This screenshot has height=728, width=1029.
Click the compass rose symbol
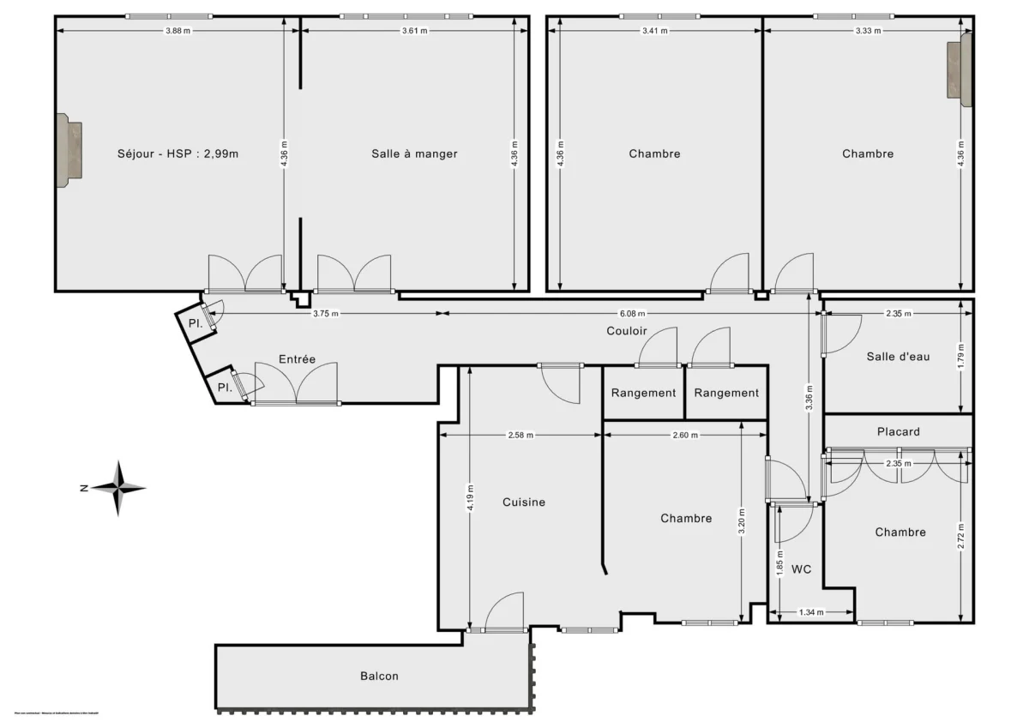click(x=118, y=489)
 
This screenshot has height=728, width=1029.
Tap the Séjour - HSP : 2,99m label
click(x=178, y=154)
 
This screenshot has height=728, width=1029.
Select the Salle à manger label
click(x=414, y=154)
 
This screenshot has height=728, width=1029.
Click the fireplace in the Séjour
click(x=69, y=150)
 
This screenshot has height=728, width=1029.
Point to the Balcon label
click(x=379, y=677)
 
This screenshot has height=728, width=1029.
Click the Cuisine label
click(x=524, y=502)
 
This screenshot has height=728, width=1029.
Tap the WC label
click(x=802, y=569)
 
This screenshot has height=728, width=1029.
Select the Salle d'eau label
click(x=898, y=357)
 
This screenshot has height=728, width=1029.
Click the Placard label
click(x=898, y=431)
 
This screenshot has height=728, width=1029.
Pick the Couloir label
click(x=626, y=331)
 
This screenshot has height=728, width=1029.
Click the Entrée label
click(x=297, y=359)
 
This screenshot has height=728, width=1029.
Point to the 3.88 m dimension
click(x=177, y=30)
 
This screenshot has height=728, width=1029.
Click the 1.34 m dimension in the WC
click(x=811, y=612)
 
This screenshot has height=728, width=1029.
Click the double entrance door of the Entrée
click(x=296, y=385)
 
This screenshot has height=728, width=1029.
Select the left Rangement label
click(x=643, y=393)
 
